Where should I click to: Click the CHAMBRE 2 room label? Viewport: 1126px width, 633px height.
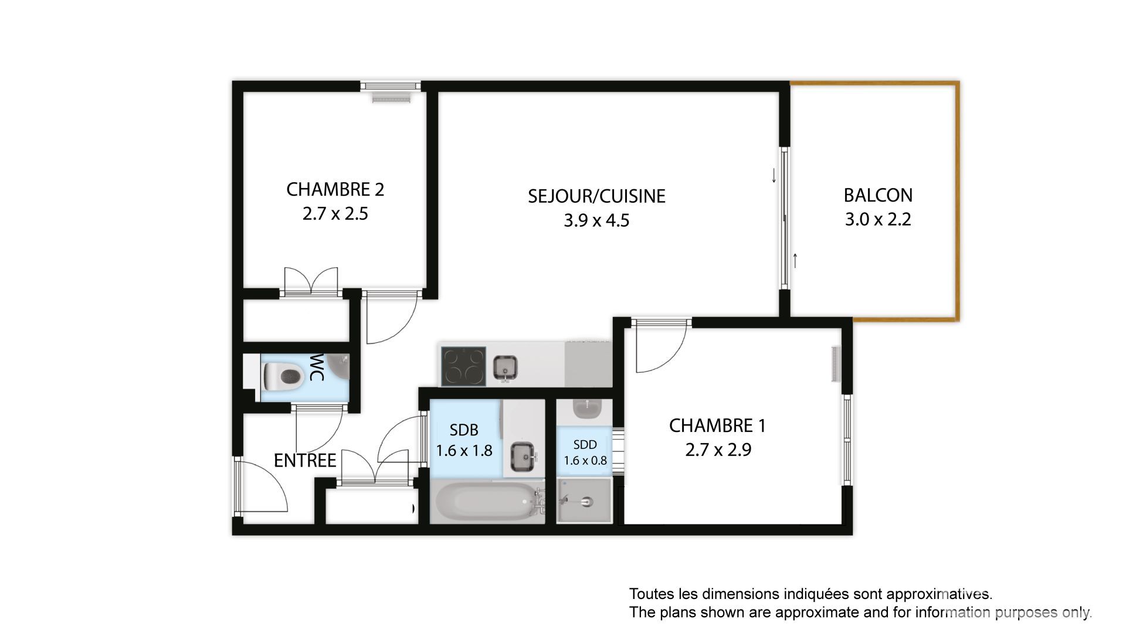coord(335,189)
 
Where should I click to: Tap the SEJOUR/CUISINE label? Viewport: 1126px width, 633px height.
coord(596,196)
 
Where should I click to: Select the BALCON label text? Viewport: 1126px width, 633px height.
coord(878,195)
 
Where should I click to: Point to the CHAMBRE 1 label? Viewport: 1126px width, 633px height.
coord(717,426)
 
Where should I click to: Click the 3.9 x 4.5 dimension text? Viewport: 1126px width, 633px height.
coord(596,220)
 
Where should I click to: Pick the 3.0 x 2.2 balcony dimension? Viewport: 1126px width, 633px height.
coord(878,219)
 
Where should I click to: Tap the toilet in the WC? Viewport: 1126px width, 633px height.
coord(281,373)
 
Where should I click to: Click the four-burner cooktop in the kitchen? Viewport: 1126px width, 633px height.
coord(463,366)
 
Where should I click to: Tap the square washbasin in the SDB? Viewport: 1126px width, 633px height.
coord(523,457)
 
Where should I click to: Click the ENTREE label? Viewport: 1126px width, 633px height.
coord(305,461)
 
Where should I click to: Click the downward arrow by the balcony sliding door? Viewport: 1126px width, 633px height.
coord(774,175)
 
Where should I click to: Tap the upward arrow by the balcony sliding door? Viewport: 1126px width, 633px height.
coord(796,260)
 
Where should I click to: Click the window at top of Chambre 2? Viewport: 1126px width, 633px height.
coord(391,86)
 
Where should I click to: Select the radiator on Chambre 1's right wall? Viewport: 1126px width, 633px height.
coord(836,365)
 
